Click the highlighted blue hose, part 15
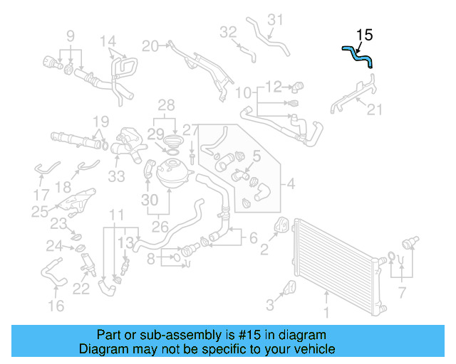point(358,55)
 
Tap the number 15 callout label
point(364,34)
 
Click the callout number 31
point(275,19)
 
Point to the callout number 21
point(375,109)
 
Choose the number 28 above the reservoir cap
point(165,105)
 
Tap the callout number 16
point(56,306)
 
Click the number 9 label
point(71,36)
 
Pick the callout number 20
point(150,46)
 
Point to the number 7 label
point(402,291)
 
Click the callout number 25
point(40,211)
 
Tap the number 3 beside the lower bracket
point(270,306)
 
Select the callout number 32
point(228,32)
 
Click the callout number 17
point(41,193)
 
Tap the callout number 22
point(81,289)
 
